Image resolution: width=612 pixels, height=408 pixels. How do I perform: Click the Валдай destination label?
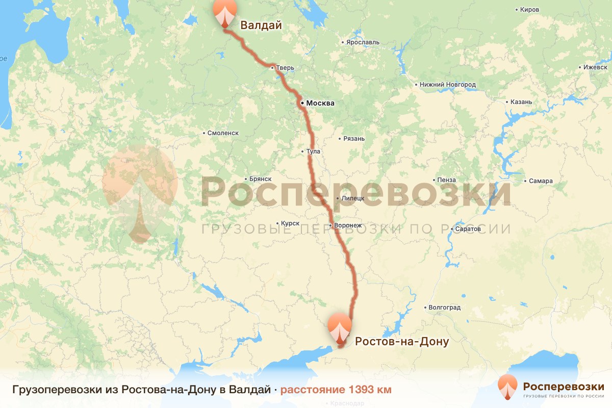point(261,25)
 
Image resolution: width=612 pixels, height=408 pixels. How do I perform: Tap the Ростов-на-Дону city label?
point(402,341)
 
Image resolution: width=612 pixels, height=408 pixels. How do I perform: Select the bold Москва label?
point(320,103)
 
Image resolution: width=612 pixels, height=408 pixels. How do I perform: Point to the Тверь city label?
point(286,67)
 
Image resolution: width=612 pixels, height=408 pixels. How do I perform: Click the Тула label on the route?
point(315,151)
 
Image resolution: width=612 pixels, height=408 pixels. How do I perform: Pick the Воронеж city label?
point(348,225)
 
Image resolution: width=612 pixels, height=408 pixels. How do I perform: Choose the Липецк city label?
point(353,198)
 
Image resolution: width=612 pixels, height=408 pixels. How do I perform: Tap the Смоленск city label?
point(223,133)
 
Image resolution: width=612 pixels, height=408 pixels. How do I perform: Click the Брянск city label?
point(261,180)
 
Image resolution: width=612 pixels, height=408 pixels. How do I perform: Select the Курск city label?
point(290,223)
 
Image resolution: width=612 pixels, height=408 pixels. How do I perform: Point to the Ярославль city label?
point(362,42)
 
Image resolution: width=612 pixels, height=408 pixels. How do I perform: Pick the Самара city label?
point(541,181)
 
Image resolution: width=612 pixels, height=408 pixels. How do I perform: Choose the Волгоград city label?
point(445,308)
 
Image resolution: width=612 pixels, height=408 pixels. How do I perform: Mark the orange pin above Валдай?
point(224,12)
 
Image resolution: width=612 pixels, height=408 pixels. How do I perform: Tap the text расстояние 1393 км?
point(336,390)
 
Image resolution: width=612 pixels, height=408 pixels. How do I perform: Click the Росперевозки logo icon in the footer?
point(507,388)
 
